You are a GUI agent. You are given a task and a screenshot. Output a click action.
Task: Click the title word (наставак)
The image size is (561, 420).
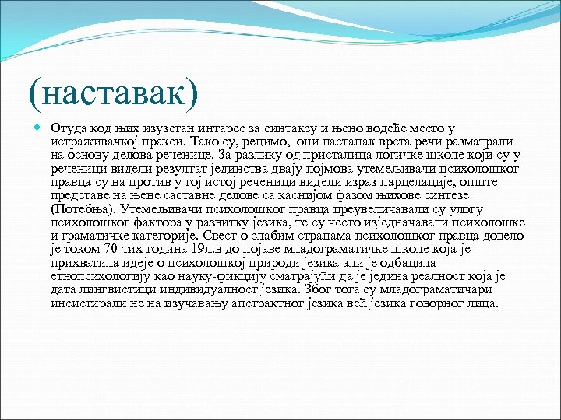(112, 92)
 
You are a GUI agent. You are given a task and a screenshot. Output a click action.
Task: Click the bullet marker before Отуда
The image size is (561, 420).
(38, 128)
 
